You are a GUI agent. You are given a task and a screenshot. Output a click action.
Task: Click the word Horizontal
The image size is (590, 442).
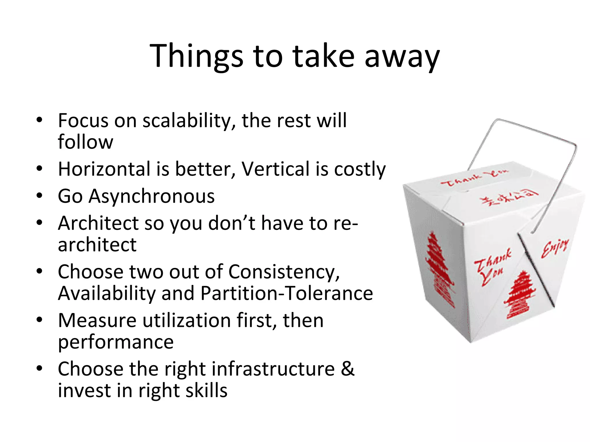[x=104, y=169]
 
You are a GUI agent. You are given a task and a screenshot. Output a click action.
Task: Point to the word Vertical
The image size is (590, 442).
[x=275, y=169]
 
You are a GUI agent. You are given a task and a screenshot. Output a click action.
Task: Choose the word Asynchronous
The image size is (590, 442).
[x=152, y=196]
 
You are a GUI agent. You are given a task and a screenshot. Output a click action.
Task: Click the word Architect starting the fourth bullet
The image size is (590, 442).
[x=98, y=223]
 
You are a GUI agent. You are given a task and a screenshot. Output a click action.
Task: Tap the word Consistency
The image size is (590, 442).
[x=284, y=272]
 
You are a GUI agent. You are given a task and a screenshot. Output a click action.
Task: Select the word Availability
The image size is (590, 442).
[x=107, y=294]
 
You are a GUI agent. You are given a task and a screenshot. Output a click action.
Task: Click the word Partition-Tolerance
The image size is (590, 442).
[x=287, y=294]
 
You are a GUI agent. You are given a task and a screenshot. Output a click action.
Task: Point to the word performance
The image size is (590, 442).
[x=116, y=342]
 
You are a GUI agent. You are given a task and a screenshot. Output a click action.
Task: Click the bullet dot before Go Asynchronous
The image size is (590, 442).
[x=39, y=196]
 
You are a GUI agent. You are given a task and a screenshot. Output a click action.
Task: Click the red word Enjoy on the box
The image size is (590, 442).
[x=555, y=248]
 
